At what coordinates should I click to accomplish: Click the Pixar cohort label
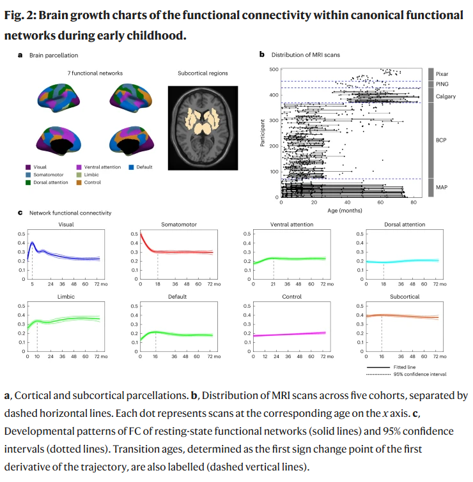coord(442,74)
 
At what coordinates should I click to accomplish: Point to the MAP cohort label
coord(441,187)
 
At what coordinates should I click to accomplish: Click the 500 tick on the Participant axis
coord(274,69)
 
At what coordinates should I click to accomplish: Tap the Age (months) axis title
coord(346,210)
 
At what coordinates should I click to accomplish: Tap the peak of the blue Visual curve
coord(32,243)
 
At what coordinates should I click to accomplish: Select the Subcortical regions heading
coord(202,73)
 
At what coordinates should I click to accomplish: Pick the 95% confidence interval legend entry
coord(424,374)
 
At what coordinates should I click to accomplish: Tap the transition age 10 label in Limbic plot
coord(36,356)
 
